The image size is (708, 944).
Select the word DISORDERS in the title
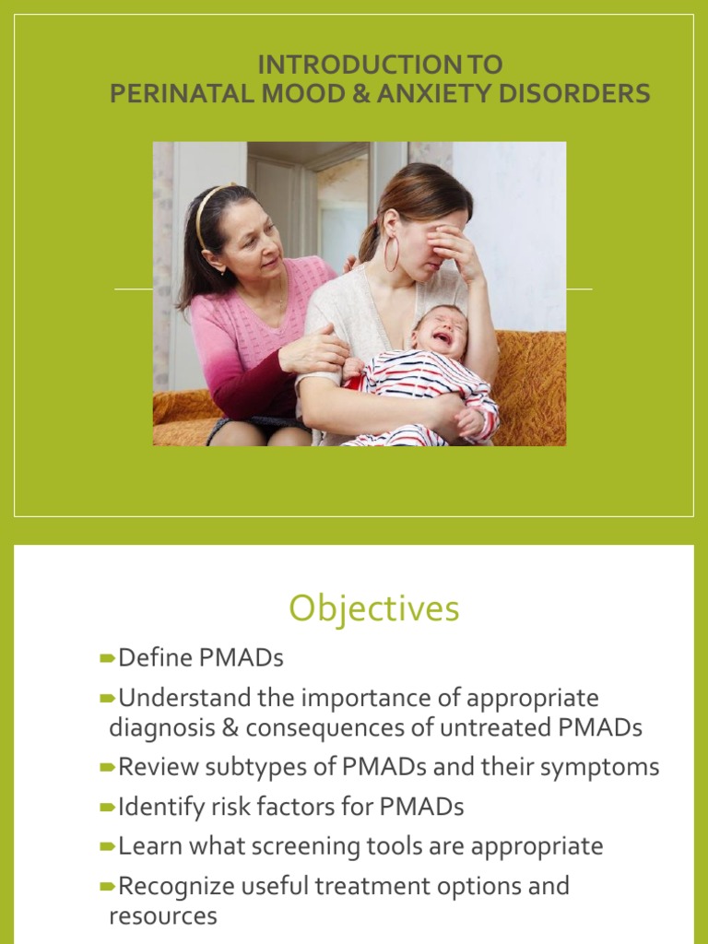585,94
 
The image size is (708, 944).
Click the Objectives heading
373,608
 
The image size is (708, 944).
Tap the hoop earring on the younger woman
392,253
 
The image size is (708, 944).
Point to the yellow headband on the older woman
207,207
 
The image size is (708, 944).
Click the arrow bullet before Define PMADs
108,658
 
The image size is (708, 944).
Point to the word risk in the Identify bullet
227,808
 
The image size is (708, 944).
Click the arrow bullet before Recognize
108,887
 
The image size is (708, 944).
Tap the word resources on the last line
163,916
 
